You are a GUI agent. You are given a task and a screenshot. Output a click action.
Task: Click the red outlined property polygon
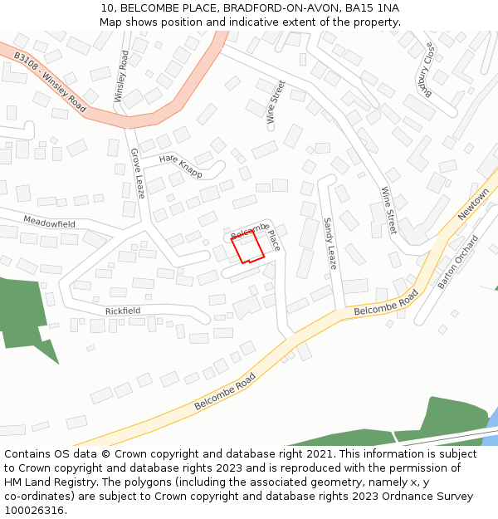(x=247, y=247)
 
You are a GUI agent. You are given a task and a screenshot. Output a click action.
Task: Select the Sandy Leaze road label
(x=330, y=243)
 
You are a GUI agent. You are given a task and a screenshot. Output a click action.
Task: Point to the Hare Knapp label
(x=180, y=164)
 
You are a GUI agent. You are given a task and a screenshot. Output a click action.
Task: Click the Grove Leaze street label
(x=137, y=174)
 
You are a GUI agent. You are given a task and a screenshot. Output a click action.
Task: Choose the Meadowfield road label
(x=49, y=223)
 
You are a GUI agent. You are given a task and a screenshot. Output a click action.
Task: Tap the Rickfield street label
(x=123, y=311)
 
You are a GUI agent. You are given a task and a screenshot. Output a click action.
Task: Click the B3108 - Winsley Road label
(x=50, y=82)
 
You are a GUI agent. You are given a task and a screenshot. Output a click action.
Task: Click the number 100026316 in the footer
(x=35, y=511)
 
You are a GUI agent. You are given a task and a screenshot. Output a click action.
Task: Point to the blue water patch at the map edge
(x=492, y=419)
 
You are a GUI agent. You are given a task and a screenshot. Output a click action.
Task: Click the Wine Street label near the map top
(x=276, y=102)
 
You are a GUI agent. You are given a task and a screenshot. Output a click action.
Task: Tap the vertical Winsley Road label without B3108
(x=121, y=76)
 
